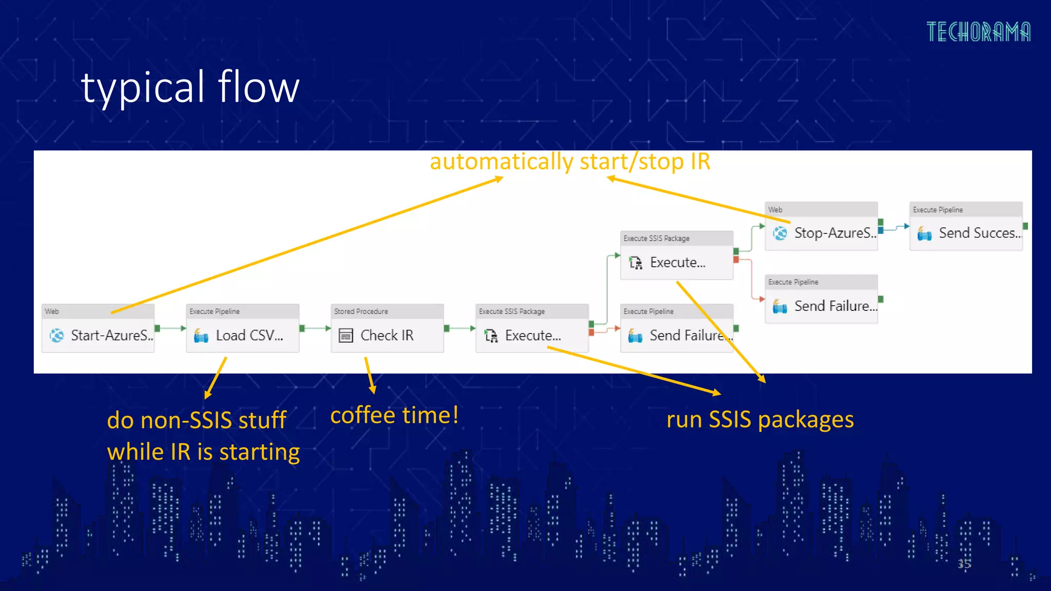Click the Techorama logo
coord(978,32)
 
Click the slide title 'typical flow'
coord(190,87)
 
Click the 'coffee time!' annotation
coord(394,415)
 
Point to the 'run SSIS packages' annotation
coord(760,420)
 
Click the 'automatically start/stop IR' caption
coord(570,162)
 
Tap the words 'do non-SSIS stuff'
coord(197,420)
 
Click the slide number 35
coord(964,564)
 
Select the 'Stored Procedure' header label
coord(361,311)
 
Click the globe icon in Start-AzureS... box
coord(56,336)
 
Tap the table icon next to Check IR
coord(346,336)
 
